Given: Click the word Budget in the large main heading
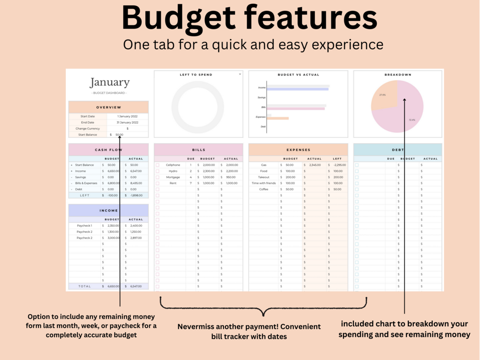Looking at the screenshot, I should (180, 18).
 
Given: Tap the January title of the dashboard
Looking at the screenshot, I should (109, 82).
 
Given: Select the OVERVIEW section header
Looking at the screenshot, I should (108, 107).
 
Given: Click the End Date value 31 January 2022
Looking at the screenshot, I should (127, 123).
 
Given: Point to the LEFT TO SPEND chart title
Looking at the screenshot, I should (196, 74).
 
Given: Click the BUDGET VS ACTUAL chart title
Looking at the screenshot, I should (299, 74).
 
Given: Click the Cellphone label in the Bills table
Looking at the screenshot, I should (173, 165).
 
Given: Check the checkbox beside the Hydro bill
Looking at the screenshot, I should (158, 171).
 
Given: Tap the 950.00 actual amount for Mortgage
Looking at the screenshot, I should (231, 177).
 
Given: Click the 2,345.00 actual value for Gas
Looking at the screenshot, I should (315, 165).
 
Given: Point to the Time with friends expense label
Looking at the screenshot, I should (264, 183).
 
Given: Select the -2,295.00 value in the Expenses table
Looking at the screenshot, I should (340, 165).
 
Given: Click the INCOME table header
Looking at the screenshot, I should (108, 211).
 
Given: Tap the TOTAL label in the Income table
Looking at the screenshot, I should (85, 286).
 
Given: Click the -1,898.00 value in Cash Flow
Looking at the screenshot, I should (136, 195).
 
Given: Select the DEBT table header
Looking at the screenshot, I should (398, 150).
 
